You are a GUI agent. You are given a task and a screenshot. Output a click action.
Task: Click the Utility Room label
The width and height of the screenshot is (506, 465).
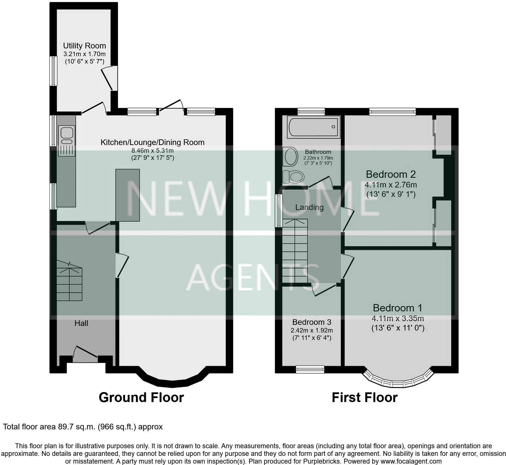[x=84, y=46]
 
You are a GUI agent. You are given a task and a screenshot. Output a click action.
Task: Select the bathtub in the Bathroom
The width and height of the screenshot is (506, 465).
[x=313, y=127]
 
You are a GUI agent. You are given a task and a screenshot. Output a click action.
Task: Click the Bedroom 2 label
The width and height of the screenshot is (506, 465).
[x=391, y=174]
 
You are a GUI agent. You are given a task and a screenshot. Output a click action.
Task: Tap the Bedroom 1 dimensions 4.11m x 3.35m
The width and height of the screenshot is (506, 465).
[x=397, y=318]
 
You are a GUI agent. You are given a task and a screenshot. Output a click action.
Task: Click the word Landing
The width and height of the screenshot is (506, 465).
[x=309, y=207]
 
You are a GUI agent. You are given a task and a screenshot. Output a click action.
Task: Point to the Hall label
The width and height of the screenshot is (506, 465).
[x=81, y=323]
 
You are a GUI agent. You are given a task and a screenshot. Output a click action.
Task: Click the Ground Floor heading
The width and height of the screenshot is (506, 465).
[x=141, y=397]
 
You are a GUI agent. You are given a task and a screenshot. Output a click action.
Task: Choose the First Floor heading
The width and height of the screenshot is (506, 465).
[x=364, y=397]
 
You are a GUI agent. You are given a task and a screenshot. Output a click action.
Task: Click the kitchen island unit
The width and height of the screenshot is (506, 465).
[x=127, y=195]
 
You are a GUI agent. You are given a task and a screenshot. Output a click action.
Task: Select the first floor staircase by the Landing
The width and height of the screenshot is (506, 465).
[x=295, y=251]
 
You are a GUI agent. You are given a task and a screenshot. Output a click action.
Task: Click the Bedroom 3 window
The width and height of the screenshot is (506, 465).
[x=310, y=369]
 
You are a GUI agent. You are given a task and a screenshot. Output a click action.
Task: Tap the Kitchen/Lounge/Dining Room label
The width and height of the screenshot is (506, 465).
[x=152, y=142]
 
